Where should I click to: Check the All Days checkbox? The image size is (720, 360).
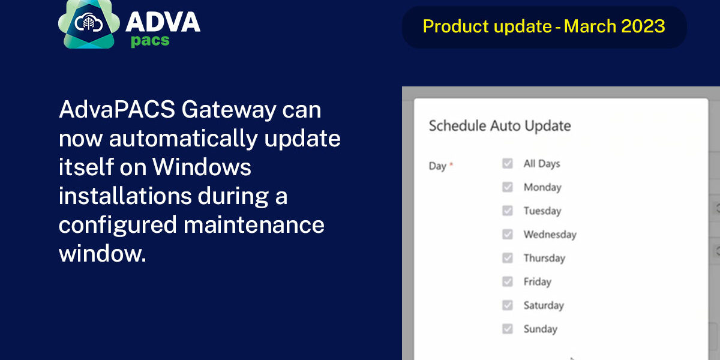pyautogui.click(x=508, y=163)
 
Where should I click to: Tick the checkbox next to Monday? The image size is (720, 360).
pyautogui.click(x=508, y=187)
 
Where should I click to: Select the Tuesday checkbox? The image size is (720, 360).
pyautogui.click(x=508, y=211)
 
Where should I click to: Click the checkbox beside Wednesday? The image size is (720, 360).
pyautogui.click(x=508, y=235)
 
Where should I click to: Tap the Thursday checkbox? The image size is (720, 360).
pyautogui.click(x=508, y=258)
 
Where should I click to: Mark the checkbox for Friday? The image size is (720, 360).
pyautogui.click(x=508, y=281)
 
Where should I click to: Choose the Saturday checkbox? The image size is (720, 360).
pyautogui.click(x=508, y=305)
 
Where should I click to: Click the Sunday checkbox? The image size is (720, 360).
pyautogui.click(x=508, y=329)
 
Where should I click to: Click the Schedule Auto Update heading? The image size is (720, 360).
pyautogui.click(x=500, y=126)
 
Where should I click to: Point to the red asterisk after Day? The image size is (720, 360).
pyautogui.click(x=451, y=164)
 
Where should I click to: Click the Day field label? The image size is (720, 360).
pyautogui.click(x=437, y=166)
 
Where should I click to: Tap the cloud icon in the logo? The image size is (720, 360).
pyautogui.click(x=88, y=23)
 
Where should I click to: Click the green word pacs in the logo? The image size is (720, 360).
pyautogui.click(x=150, y=41)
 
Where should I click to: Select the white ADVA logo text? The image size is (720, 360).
pyautogui.click(x=163, y=22)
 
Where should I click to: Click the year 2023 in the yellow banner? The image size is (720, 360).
pyautogui.click(x=643, y=26)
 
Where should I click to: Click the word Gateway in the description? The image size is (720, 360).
pyautogui.click(x=229, y=110)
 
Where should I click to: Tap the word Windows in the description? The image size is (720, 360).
pyautogui.click(x=202, y=167)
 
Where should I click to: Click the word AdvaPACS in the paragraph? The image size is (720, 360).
pyautogui.click(x=117, y=109)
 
